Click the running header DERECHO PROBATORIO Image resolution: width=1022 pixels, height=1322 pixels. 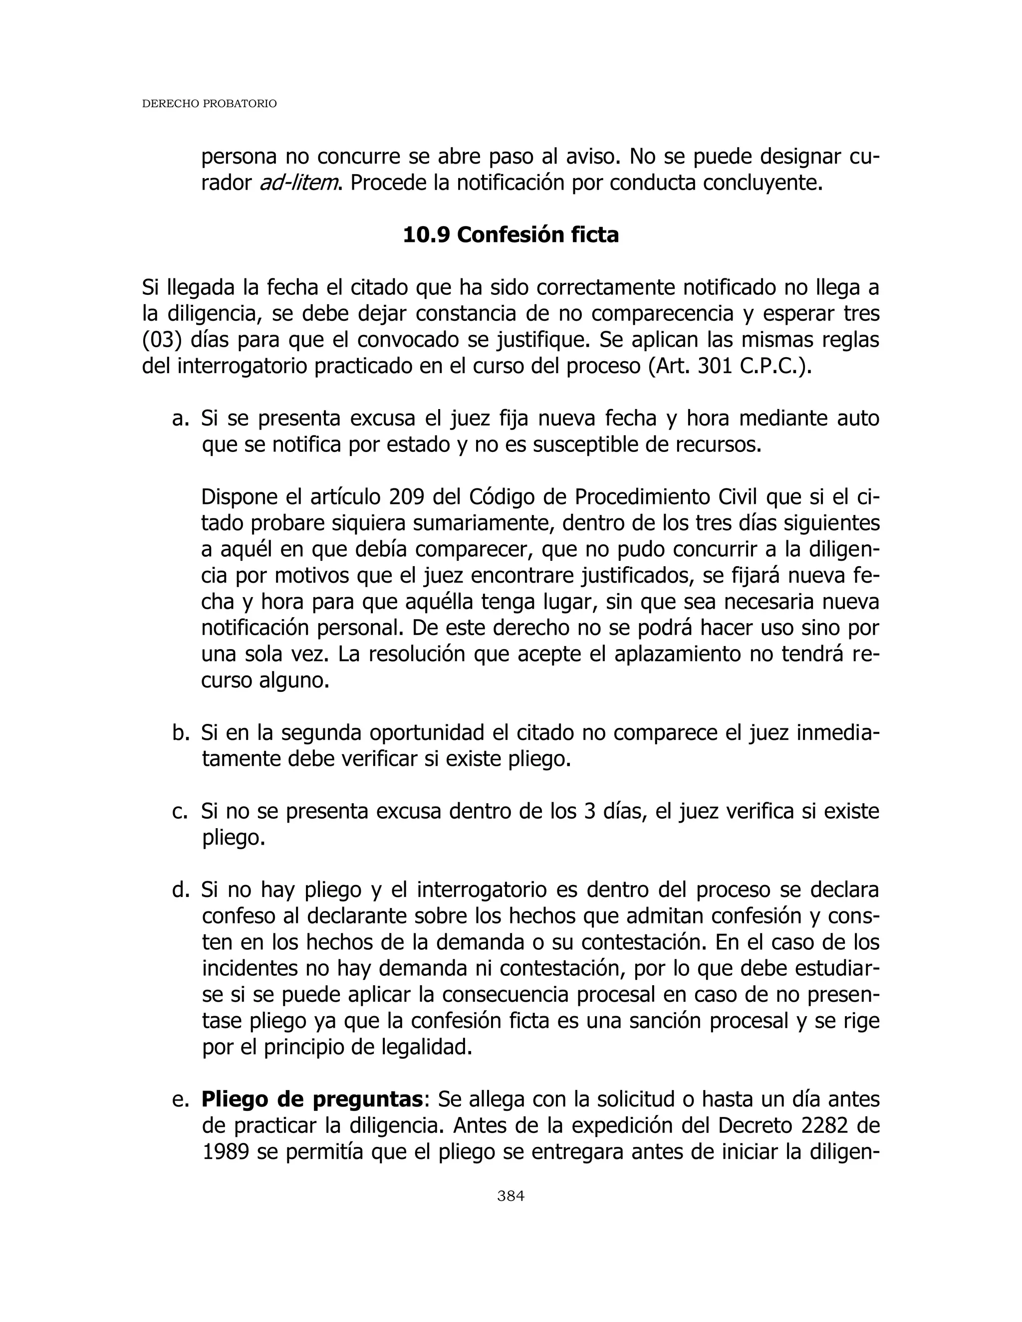point(209,104)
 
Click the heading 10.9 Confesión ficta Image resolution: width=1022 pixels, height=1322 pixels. point(511,235)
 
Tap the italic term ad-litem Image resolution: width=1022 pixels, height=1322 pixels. point(298,183)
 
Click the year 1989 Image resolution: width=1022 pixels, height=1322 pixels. point(225,1152)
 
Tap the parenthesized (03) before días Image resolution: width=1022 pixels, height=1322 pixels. point(162,341)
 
